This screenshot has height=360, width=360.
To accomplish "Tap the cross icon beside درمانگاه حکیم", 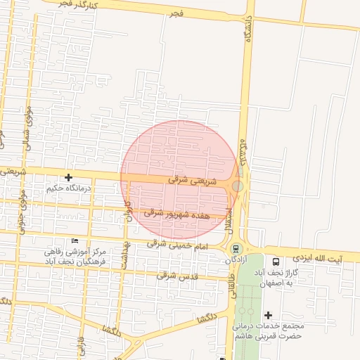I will click(x=68, y=178).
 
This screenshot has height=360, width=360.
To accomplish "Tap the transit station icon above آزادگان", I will click(x=236, y=248).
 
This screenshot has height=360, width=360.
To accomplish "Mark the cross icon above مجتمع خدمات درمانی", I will click(x=268, y=314).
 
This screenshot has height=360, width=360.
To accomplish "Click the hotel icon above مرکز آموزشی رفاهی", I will click(x=75, y=241).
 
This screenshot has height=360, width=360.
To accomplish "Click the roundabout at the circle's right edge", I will click(x=238, y=186).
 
